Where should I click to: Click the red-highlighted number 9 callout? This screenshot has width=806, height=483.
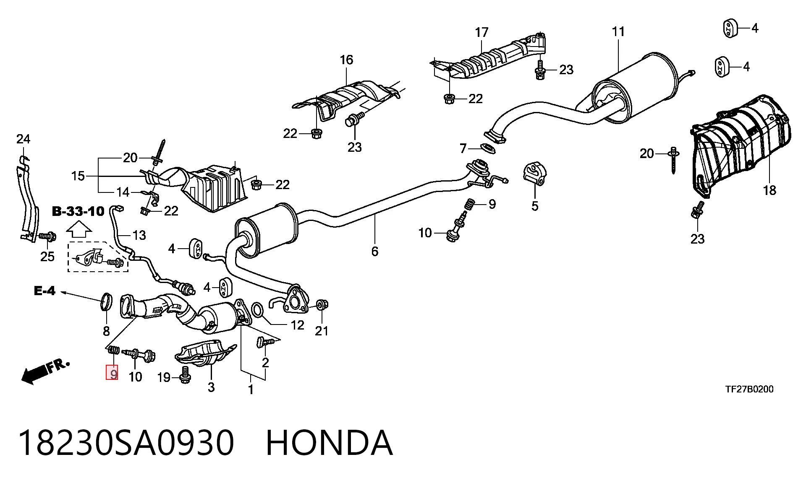point(112,372)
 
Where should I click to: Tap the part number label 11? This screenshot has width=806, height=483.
point(618,31)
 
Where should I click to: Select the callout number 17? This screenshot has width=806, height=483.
point(482,32)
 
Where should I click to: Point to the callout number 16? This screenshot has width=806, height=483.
point(346,60)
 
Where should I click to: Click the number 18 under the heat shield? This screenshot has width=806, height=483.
point(769,191)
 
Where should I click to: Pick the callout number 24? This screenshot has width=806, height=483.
point(24,139)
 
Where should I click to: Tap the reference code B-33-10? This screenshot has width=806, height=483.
point(78,211)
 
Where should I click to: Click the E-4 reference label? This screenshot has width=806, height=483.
point(44,291)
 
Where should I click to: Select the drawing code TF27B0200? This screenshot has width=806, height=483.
point(749,389)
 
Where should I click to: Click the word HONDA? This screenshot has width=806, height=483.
point(330,443)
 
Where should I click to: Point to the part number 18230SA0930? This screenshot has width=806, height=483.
point(126,443)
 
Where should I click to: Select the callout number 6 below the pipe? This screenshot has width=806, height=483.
point(375,252)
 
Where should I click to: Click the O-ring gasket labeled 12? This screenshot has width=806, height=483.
point(257,310)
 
